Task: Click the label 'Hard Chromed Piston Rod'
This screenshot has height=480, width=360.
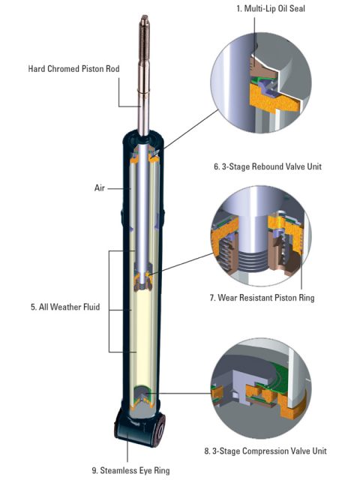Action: coord(73,68)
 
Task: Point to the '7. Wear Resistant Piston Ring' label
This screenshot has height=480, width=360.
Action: coord(272,298)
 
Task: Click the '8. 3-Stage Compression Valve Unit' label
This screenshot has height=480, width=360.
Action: coord(275,451)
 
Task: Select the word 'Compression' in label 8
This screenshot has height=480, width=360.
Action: coord(271,451)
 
